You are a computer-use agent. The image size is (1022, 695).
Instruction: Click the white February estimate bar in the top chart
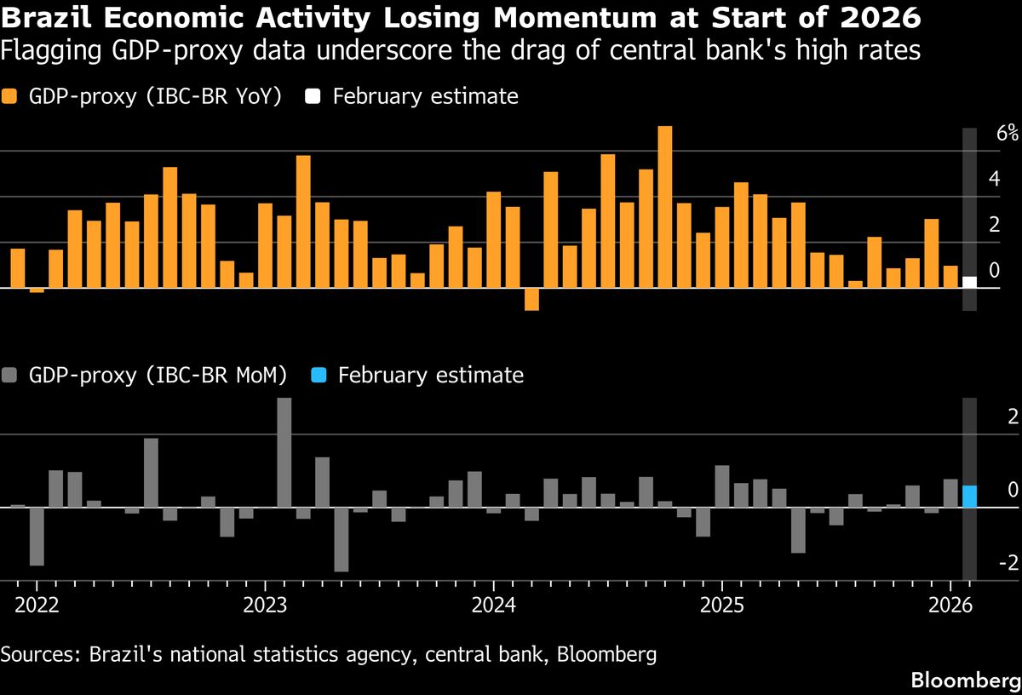click(x=969, y=282)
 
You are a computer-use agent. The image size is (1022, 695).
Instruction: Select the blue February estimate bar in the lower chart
click(x=969, y=496)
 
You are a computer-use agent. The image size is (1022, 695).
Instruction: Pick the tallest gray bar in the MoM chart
click(x=284, y=452)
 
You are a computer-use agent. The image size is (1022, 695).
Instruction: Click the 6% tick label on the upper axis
click(x=1008, y=133)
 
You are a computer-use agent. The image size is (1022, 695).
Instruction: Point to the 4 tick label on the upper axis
click(x=993, y=179)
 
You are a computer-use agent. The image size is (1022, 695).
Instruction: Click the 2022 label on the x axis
click(x=37, y=606)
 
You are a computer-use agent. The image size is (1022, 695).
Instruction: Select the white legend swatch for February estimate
click(x=313, y=96)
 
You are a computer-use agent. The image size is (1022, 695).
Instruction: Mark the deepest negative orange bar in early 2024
click(x=531, y=299)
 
